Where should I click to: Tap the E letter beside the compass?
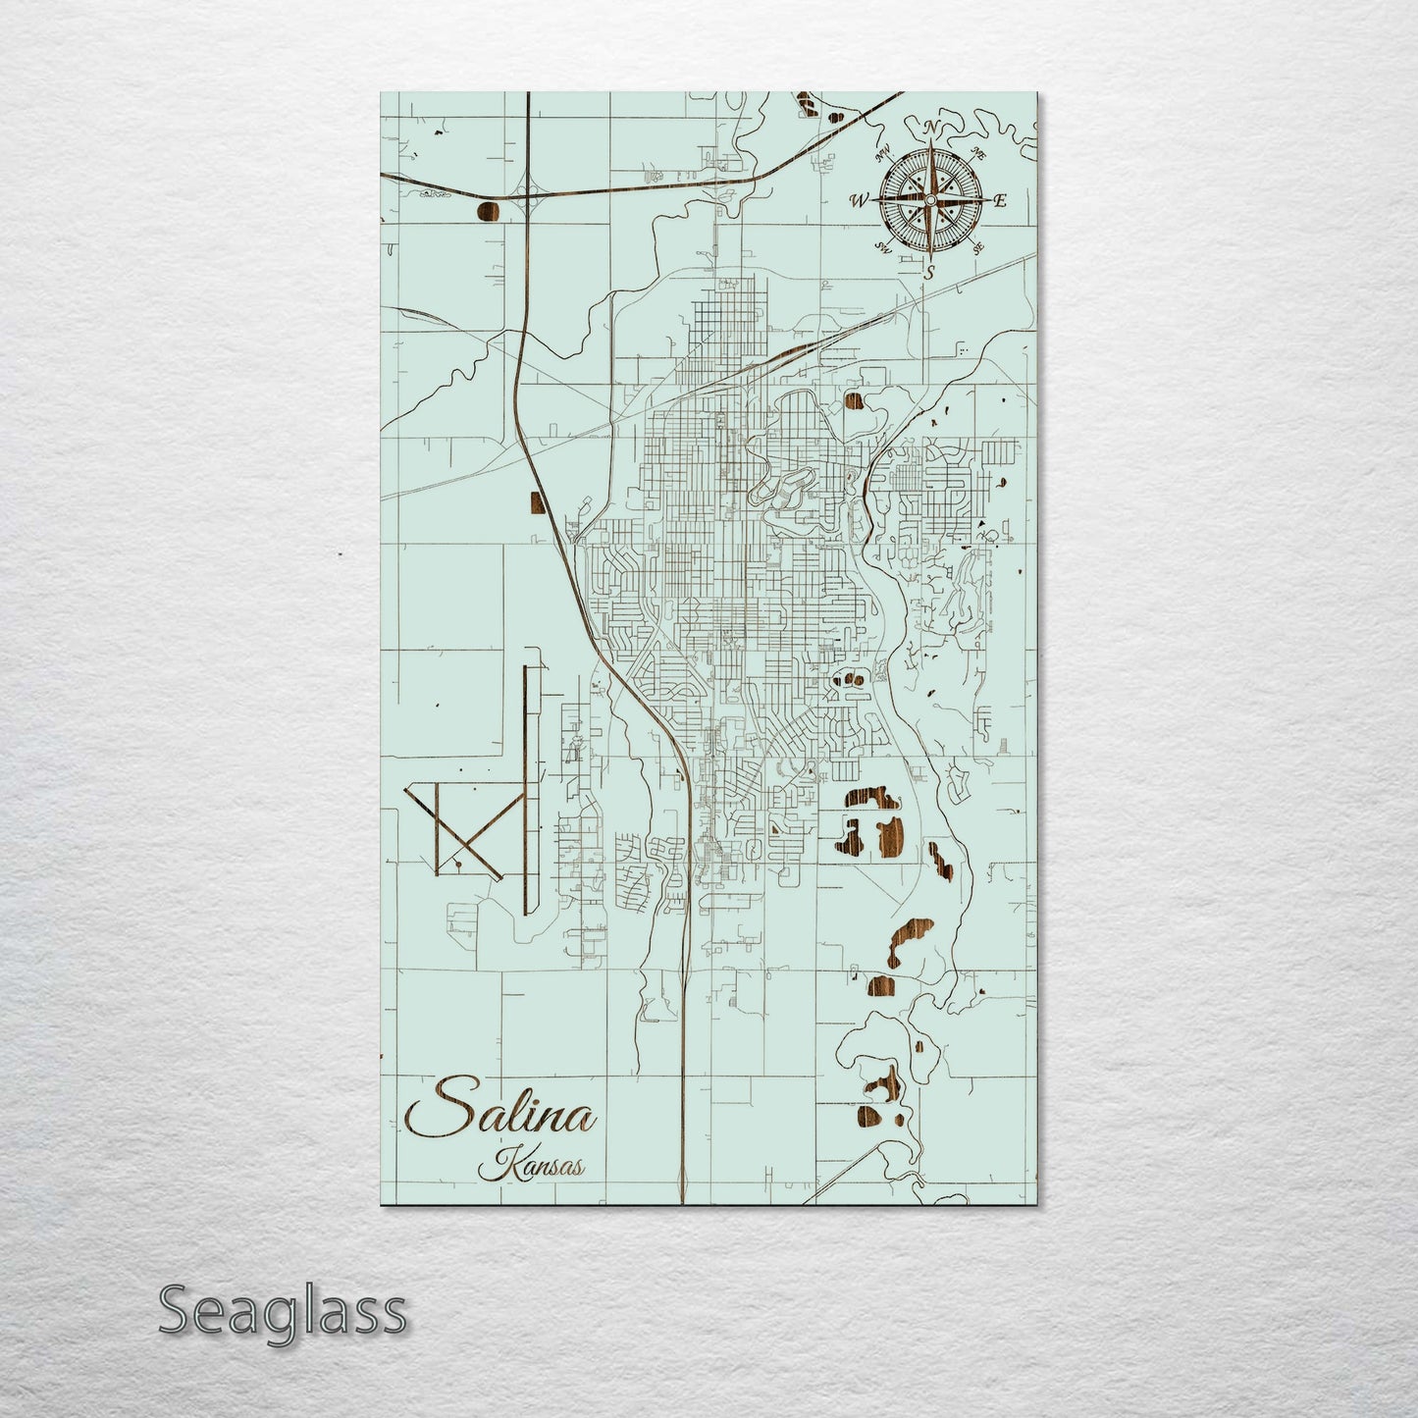point(1000,201)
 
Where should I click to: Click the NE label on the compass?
point(977,152)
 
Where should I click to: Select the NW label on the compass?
point(882,152)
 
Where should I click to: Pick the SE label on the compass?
point(977,248)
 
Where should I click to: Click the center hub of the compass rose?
point(929,200)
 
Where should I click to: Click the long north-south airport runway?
point(527,785)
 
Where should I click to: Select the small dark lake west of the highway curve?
point(536,502)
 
